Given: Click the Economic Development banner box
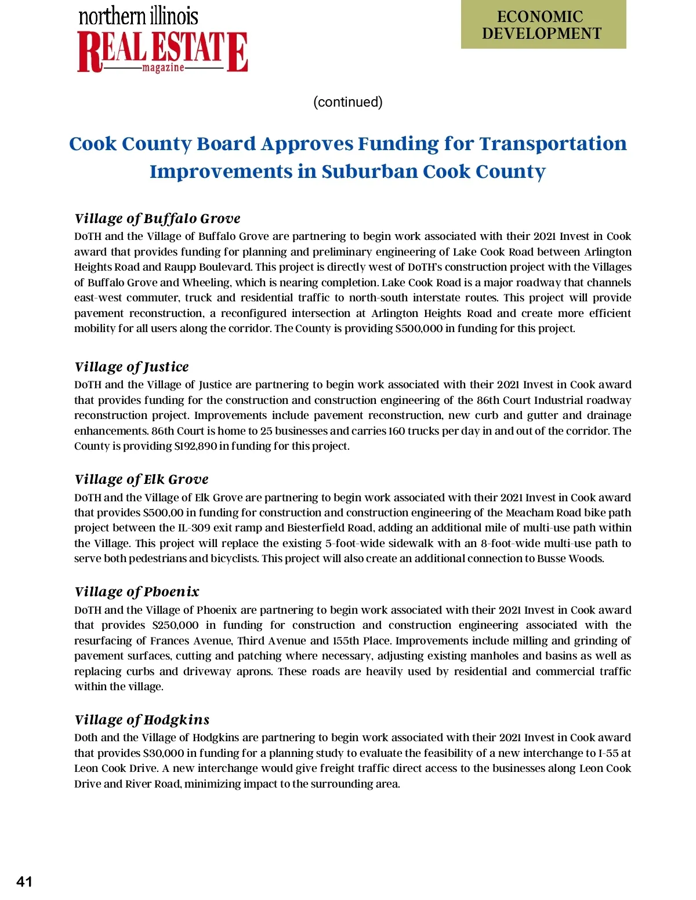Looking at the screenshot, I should click(x=543, y=25).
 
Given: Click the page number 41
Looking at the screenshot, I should click(x=24, y=881).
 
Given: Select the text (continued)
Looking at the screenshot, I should click(x=348, y=102).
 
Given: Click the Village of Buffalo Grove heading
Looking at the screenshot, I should click(x=157, y=218).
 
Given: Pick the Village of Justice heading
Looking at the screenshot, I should click(x=132, y=367).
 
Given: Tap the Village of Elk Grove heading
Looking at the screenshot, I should click(x=142, y=479).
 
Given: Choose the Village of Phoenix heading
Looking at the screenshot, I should click(x=137, y=592).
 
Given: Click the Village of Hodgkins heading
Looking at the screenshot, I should click(x=142, y=720).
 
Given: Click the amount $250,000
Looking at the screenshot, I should click(x=175, y=625).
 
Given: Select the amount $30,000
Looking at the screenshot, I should click(x=163, y=753).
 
